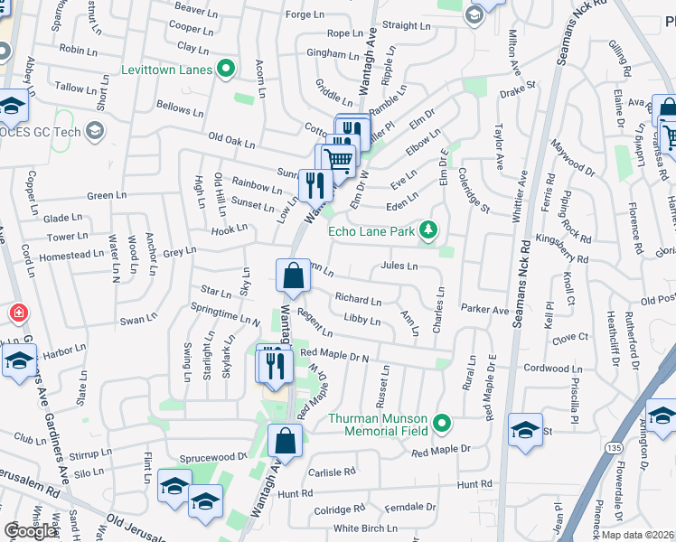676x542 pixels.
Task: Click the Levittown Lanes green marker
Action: point(227,69)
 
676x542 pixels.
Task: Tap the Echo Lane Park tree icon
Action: point(431,232)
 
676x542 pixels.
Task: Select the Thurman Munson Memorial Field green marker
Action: point(441,422)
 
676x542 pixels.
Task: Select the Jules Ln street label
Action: point(399,266)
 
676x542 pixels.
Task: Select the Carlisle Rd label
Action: point(332,472)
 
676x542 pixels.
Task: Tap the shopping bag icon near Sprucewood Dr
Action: point(285,442)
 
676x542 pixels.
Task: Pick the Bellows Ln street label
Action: point(180,108)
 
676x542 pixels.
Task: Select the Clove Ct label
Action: point(570,337)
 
